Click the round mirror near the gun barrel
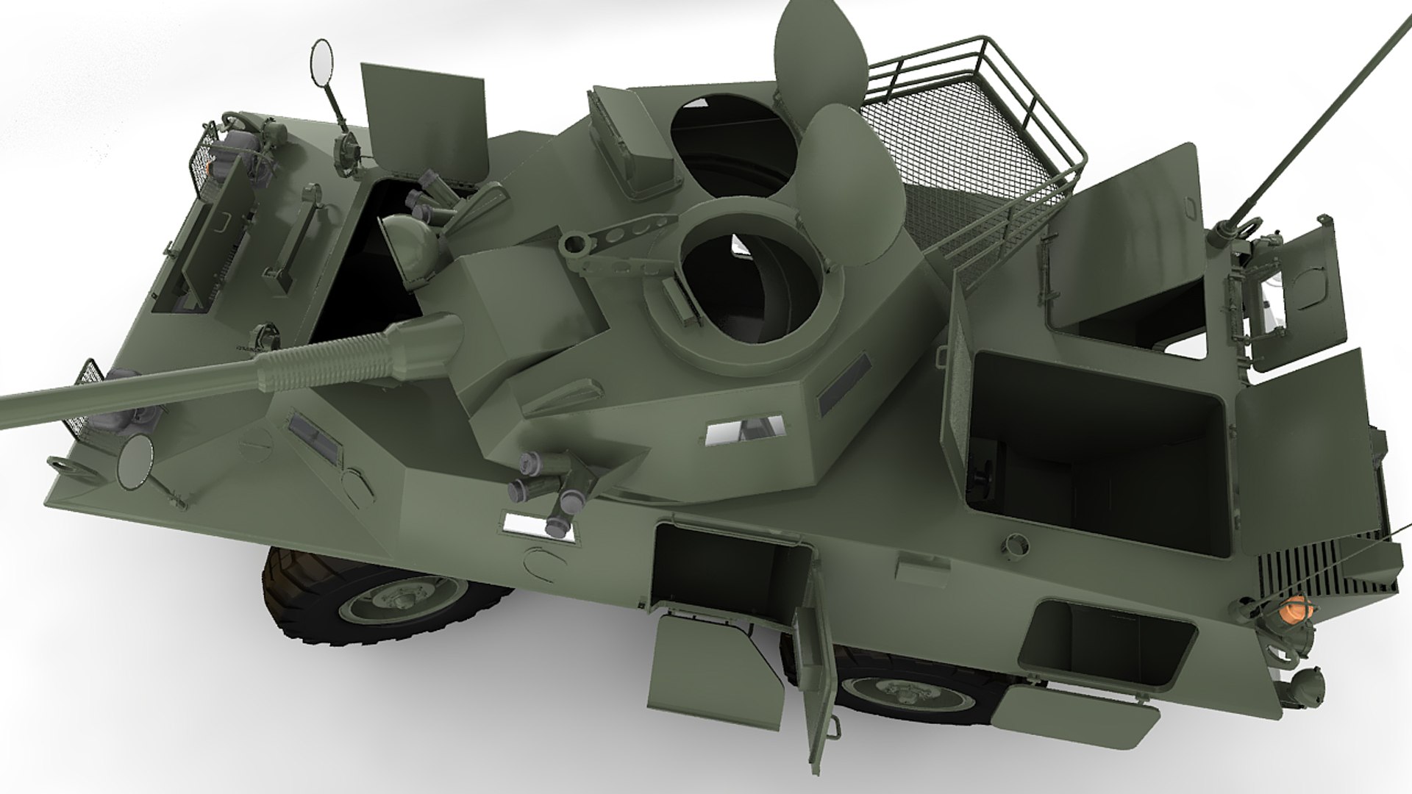point(134,462)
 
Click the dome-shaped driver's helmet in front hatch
point(412,243)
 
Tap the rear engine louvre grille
point(1316,567)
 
